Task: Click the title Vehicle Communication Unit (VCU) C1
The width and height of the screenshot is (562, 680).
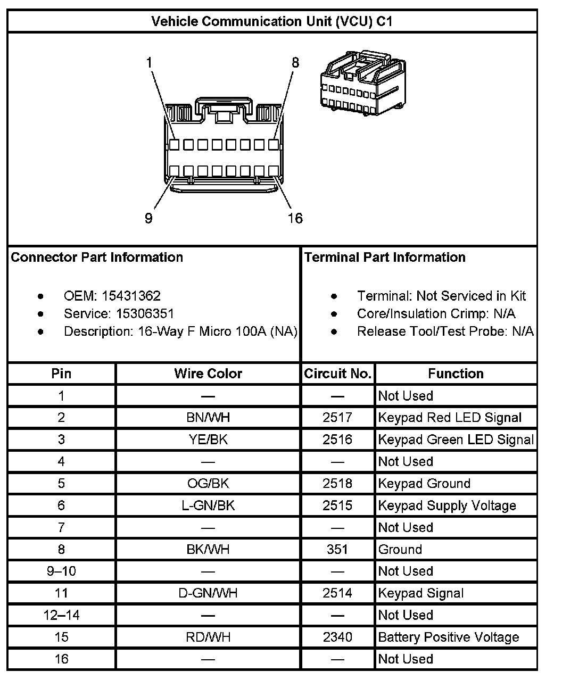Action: point(272,21)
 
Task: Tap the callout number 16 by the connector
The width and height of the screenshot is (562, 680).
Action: point(295,218)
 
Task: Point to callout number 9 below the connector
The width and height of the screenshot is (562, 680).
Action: point(148,218)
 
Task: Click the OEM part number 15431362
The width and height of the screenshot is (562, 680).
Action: point(131,296)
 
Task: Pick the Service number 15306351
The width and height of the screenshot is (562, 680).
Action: point(145,313)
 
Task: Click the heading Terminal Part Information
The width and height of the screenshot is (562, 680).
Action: point(385,258)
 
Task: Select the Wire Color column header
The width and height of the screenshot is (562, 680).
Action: point(208,374)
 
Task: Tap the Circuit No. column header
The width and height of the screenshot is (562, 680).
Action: point(337,374)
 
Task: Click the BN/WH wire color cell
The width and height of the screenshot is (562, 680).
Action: point(208,418)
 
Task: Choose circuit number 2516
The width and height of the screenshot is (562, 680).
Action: point(337,439)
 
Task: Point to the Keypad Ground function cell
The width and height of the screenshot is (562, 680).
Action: point(424,484)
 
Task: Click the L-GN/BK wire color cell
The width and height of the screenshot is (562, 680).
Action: point(208,505)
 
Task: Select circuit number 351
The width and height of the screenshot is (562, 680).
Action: point(337,549)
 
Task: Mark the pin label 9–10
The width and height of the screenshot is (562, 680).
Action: point(61,571)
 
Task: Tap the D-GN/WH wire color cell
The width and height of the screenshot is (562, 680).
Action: point(208,593)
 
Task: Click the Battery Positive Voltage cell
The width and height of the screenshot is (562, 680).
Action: point(448,637)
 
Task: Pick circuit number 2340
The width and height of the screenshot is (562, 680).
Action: point(337,637)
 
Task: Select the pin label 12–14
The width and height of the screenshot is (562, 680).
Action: point(61,615)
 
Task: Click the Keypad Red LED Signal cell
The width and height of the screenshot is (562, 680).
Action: point(450,418)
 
